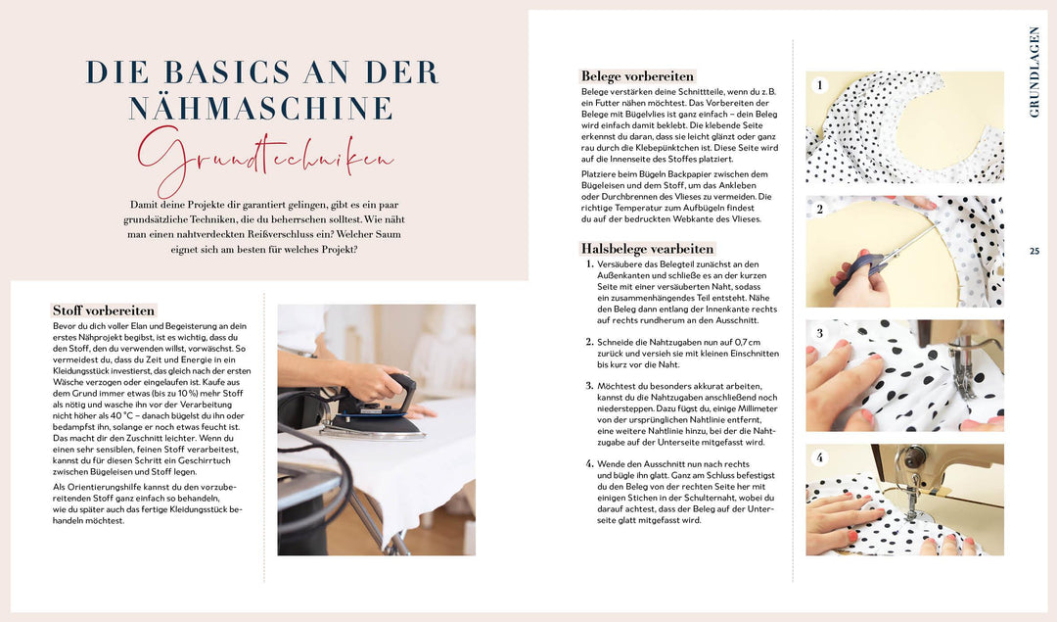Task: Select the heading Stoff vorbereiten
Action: pos(104,311)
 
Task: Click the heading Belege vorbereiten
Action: pos(637,75)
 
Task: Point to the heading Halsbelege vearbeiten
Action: pos(647,249)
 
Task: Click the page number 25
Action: pos(1034,251)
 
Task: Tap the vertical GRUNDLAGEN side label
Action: pos(1034,72)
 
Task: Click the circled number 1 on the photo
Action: pos(822,86)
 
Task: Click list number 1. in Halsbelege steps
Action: pos(589,264)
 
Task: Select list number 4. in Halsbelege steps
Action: pos(589,462)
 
